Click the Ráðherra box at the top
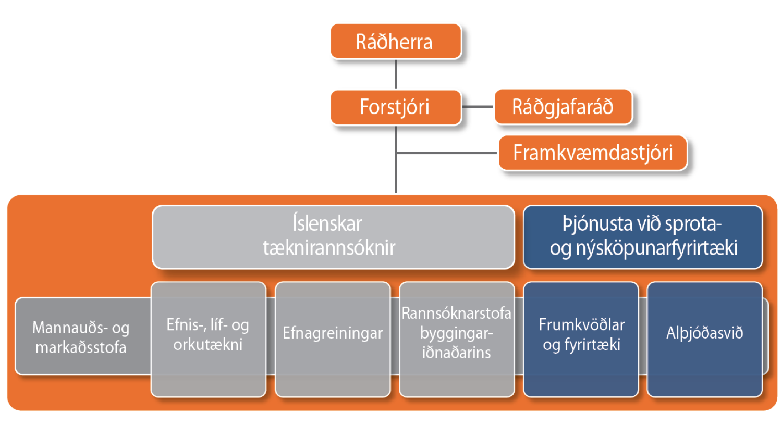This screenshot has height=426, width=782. pyautogui.click(x=396, y=41)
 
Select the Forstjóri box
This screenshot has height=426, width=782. pyautogui.click(x=396, y=107)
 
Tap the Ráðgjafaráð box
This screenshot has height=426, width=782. pyautogui.click(x=563, y=107)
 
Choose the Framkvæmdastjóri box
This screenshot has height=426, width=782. pyautogui.click(x=593, y=153)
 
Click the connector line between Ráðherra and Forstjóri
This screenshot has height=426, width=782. pyautogui.click(x=396, y=74)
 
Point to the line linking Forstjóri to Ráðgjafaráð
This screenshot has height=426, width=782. pyautogui.click(x=478, y=107)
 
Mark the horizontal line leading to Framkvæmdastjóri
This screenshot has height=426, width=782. pyautogui.click(x=447, y=153)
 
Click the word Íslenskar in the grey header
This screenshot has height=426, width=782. pyautogui.click(x=327, y=223)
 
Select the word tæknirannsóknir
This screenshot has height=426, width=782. pyautogui.click(x=329, y=248)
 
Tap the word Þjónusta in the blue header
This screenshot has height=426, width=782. pyautogui.click(x=597, y=224)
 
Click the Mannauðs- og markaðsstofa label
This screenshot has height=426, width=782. pyautogui.click(x=81, y=337)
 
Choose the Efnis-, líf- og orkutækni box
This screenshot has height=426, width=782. pyautogui.click(x=209, y=340)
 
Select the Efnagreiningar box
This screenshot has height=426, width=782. pyautogui.click(x=333, y=340)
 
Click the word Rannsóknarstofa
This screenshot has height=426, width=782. pyautogui.click(x=457, y=313)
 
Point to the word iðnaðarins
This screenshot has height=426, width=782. pyautogui.click(x=457, y=353)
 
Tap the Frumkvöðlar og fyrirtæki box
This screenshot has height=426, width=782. pyautogui.click(x=581, y=340)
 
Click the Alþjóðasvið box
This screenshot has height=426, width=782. pyautogui.click(x=705, y=340)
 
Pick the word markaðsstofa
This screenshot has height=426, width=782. pyautogui.click(x=81, y=347)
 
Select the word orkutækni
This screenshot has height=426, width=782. pyautogui.click(x=208, y=344)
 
